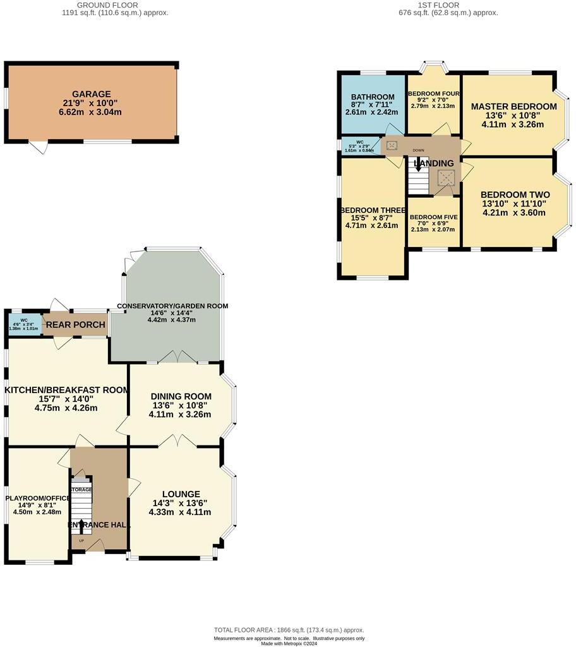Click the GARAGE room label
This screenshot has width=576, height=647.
pos(92,94)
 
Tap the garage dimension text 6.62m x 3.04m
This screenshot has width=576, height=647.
pos(92,112)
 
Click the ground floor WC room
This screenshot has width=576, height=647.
pos(24,324)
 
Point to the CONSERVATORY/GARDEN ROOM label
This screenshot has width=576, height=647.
pos(172,306)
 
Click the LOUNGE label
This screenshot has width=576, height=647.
pos(181,494)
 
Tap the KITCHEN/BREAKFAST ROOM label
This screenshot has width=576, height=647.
pos(66,390)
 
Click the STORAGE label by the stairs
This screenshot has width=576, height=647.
pos(81,490)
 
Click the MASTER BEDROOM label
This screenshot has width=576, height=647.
pos(514,106)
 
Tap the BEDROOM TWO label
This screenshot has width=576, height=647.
pos(515,195)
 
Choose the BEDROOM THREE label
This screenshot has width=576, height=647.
pos(372,210)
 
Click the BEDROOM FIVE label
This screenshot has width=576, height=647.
pos(433,217)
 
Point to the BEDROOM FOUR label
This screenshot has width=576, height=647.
pos(433,94)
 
